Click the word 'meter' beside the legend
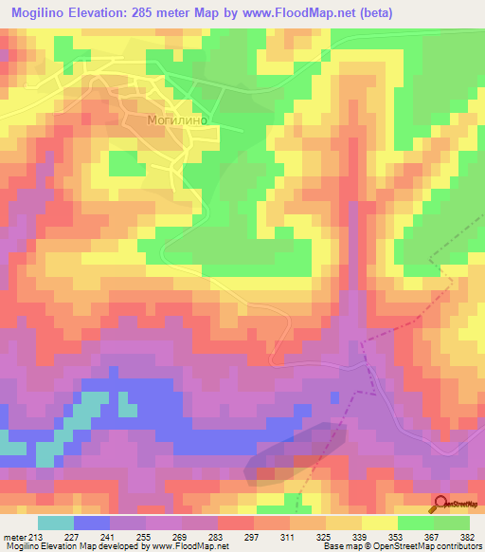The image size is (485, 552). click(x=14, y=537)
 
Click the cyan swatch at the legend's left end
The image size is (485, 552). click(x=56, y=523)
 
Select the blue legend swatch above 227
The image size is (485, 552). click(x=92, y=523)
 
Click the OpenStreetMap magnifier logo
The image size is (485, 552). click(x=440, y=506)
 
